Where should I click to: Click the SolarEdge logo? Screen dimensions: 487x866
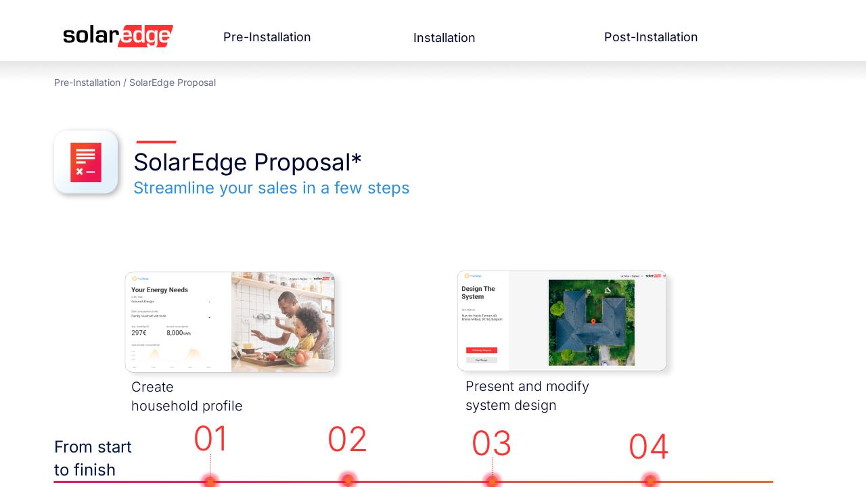[118, 36]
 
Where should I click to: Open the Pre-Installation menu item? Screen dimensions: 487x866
[267, 37]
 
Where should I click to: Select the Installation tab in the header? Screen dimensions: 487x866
[444, 38]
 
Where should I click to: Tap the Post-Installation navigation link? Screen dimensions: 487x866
[650, 37]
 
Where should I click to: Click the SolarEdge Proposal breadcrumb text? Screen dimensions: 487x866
[173, 83]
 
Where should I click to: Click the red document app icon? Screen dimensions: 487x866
[86, 162]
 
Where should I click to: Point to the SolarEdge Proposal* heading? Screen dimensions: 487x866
[247, 162]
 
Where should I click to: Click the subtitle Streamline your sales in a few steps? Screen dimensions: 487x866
[271, 188]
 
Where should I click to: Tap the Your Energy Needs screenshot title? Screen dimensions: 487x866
[160, 289]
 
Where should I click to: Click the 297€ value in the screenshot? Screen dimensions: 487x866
[139, 333]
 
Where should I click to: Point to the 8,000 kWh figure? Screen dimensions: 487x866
[178, 333]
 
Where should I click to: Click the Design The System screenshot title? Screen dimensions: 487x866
[478, 293]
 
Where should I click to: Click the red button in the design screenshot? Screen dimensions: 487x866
[482, 350]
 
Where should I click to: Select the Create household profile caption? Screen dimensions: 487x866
[187, 396]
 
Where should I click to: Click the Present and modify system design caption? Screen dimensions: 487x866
[527, 396]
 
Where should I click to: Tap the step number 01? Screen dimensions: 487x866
[211, 439]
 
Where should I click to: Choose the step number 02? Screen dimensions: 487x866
[347, 440]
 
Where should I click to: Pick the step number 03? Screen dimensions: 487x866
[491, 444]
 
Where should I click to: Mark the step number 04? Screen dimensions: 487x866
[648, 447]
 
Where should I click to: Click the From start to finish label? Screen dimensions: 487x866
[93, 458]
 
